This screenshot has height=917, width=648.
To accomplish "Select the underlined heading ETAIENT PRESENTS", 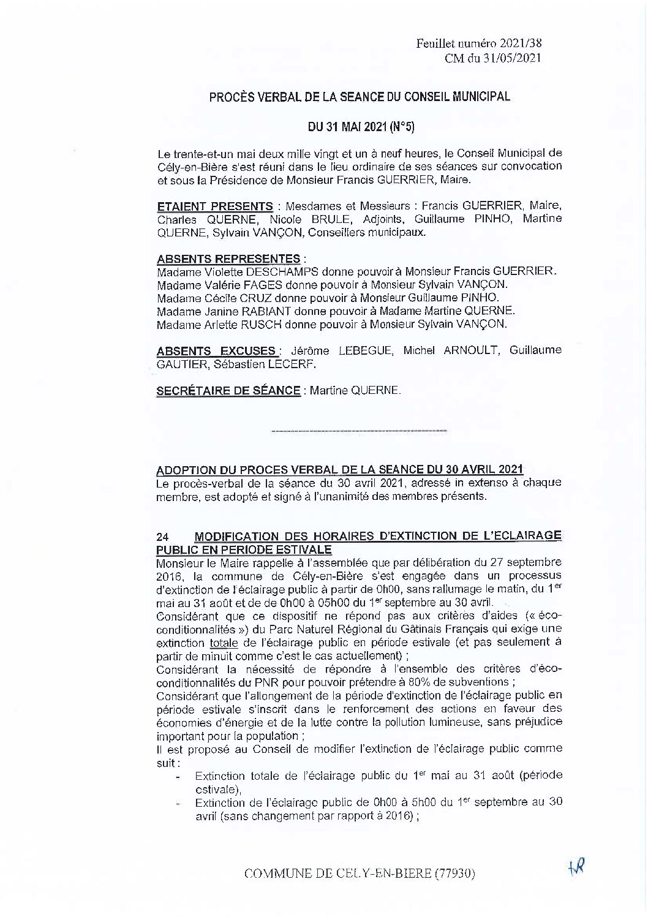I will point(214,206).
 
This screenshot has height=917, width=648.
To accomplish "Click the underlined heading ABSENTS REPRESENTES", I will point(228,258).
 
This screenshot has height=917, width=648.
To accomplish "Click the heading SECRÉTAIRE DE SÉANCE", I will point(228,391).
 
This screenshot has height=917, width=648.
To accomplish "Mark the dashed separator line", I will point(358,432).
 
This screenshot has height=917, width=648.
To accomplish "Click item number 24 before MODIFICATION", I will point(163,536).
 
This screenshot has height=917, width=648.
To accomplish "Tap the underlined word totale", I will point(224,643).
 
